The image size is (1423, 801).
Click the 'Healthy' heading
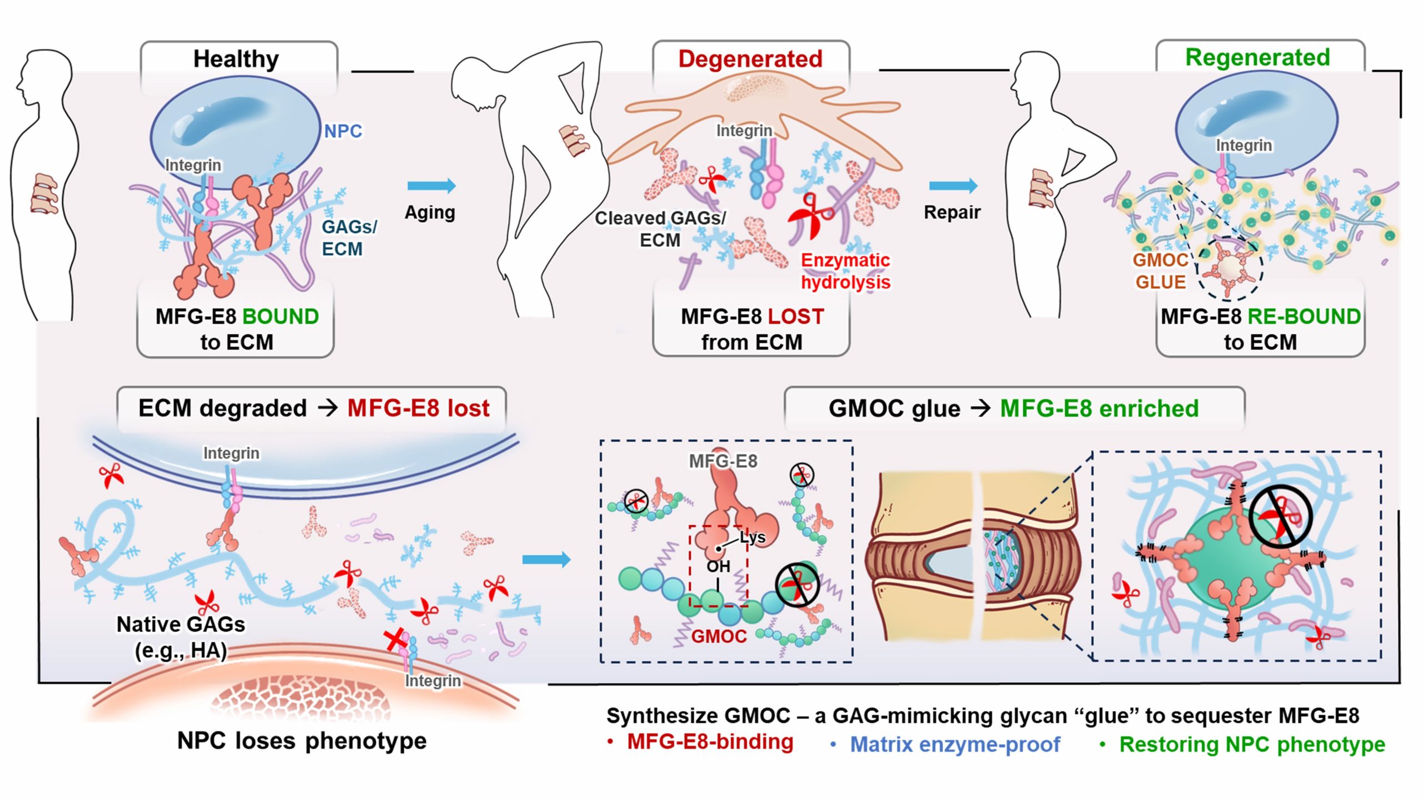[x=236, y=59]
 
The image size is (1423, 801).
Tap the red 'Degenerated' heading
[x=750, y=59]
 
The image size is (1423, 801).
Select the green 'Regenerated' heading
[x=1257, y=58]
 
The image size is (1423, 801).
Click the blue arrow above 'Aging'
[x=431, y=186]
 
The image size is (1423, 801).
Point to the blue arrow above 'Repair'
[x=953, y=186]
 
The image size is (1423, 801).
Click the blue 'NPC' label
[x=343, y=131]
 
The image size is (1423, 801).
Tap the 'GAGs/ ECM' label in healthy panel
[x=349, y=238]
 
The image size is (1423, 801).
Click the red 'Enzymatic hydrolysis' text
[x=845, y=271]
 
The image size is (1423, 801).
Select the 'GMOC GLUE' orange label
[x=1161, y=271]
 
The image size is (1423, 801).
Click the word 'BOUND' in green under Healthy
[x=281, y=317]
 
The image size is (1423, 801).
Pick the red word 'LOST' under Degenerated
[x=795, y=317]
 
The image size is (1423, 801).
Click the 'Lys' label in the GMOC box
[x=753, y=537]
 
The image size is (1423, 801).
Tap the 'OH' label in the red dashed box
[x=718, y=567]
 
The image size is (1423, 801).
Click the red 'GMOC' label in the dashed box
[x=719, y=636]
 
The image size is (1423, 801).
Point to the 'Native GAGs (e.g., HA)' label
[x=181, y=637]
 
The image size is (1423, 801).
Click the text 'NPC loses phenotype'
[x=302, y=740]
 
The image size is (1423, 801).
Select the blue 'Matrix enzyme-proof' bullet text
[x=955, y=744]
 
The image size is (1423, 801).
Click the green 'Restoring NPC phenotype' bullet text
[x=1252, y=744]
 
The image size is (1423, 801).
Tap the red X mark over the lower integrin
[x=396, y=640]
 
